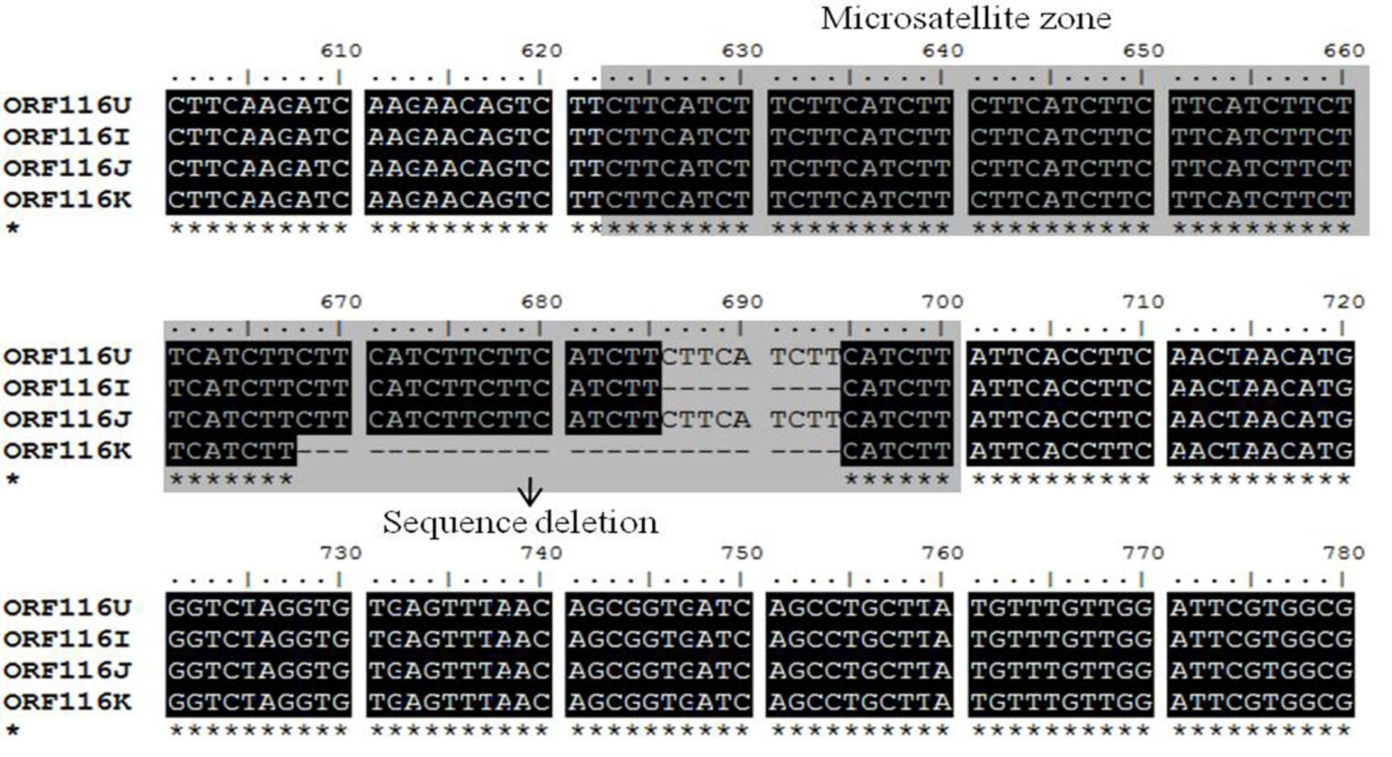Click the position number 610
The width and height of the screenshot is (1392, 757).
(x=341, y=50)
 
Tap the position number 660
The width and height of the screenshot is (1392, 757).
(x=1344, y=50)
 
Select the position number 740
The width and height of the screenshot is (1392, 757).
(x=542, y=553)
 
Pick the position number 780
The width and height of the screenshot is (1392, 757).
(x=1344, y=553)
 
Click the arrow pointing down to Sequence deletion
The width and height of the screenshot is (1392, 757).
(x=530, y=491)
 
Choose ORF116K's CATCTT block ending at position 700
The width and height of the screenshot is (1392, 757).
(x=896, y=451)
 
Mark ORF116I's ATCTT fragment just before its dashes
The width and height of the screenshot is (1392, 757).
(x=613, y=388)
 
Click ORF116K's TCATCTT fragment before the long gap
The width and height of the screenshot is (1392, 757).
(x=231, y=451)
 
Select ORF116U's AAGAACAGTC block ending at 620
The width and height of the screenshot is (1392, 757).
(x=459, y=105)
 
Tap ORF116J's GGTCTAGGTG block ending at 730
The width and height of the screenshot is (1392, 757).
(x=259, y=670)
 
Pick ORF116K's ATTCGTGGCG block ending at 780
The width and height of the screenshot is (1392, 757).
(x=1261, y=702)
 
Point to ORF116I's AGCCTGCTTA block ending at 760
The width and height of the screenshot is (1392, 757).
(x=859, y=639)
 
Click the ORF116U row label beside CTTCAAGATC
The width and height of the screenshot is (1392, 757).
(x=67, y=105)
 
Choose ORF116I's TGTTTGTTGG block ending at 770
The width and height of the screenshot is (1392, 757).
(x=1061, y=639)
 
